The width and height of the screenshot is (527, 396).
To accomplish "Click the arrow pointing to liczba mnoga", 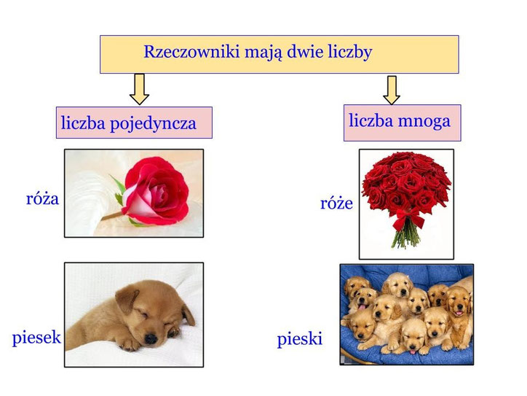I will [392, 88].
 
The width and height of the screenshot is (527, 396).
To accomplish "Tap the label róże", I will [336, 203].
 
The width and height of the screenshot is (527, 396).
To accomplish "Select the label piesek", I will [36, 338].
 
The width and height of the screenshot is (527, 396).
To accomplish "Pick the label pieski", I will [299, 339].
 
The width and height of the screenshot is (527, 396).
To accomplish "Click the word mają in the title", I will [258, 53].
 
